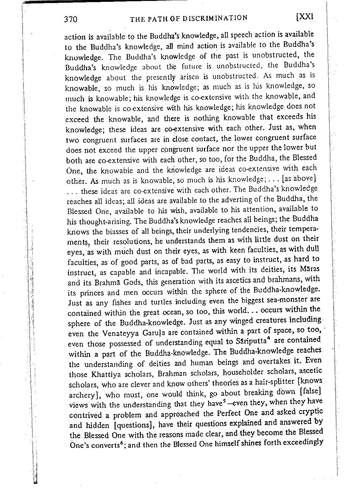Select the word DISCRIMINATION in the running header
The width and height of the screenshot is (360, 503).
pyautogui.click(x=215, y=18)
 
